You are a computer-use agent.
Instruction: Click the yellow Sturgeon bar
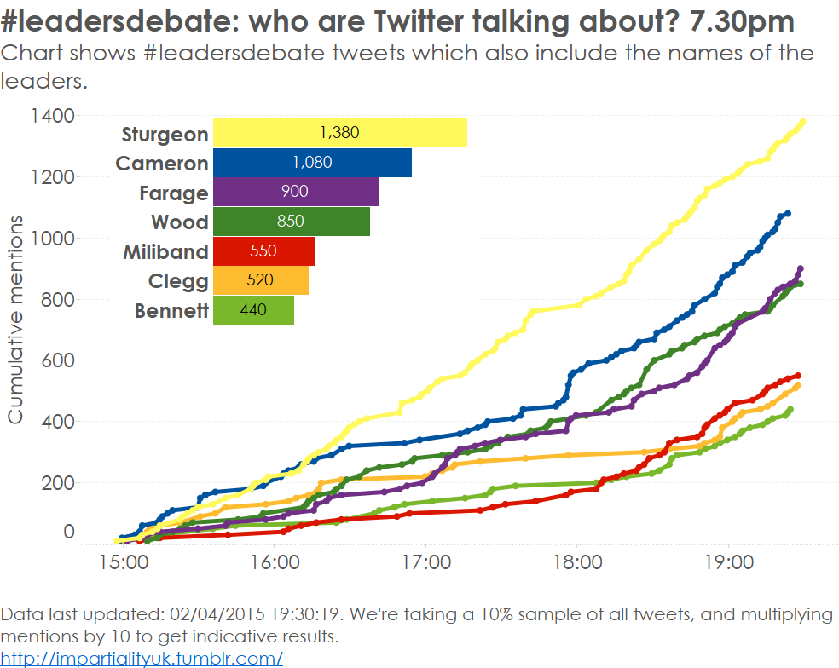tap(339, 133)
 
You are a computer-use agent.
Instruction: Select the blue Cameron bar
tap(312, 163)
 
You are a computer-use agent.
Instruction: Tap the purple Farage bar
tap(295, 192)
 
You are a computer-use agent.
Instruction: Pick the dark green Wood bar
tap(291, 222)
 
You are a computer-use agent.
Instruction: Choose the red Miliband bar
tap(263, 251)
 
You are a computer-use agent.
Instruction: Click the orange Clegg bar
tap(260, 280)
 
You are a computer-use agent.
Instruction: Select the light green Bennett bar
tap(253, 310)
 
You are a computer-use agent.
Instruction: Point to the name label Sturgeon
tap(165, 135)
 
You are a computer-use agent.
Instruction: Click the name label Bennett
tap(171, 311)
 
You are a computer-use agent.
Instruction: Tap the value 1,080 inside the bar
tap(312, 163)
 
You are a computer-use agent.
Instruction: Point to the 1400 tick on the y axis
tap(51, 115)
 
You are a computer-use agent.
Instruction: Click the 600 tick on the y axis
tap(56, 360)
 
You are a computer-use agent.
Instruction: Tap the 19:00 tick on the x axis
tap(728, 563)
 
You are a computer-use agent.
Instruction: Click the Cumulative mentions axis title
tap(16, 319)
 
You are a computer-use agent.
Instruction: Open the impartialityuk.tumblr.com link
tap(142, 658)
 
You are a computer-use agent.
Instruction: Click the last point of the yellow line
tap(802, 122)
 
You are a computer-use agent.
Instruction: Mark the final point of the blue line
tap(787, 213)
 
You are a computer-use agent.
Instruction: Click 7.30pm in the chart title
tap(741, 21)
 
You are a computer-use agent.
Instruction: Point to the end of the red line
tap(797, 375)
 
